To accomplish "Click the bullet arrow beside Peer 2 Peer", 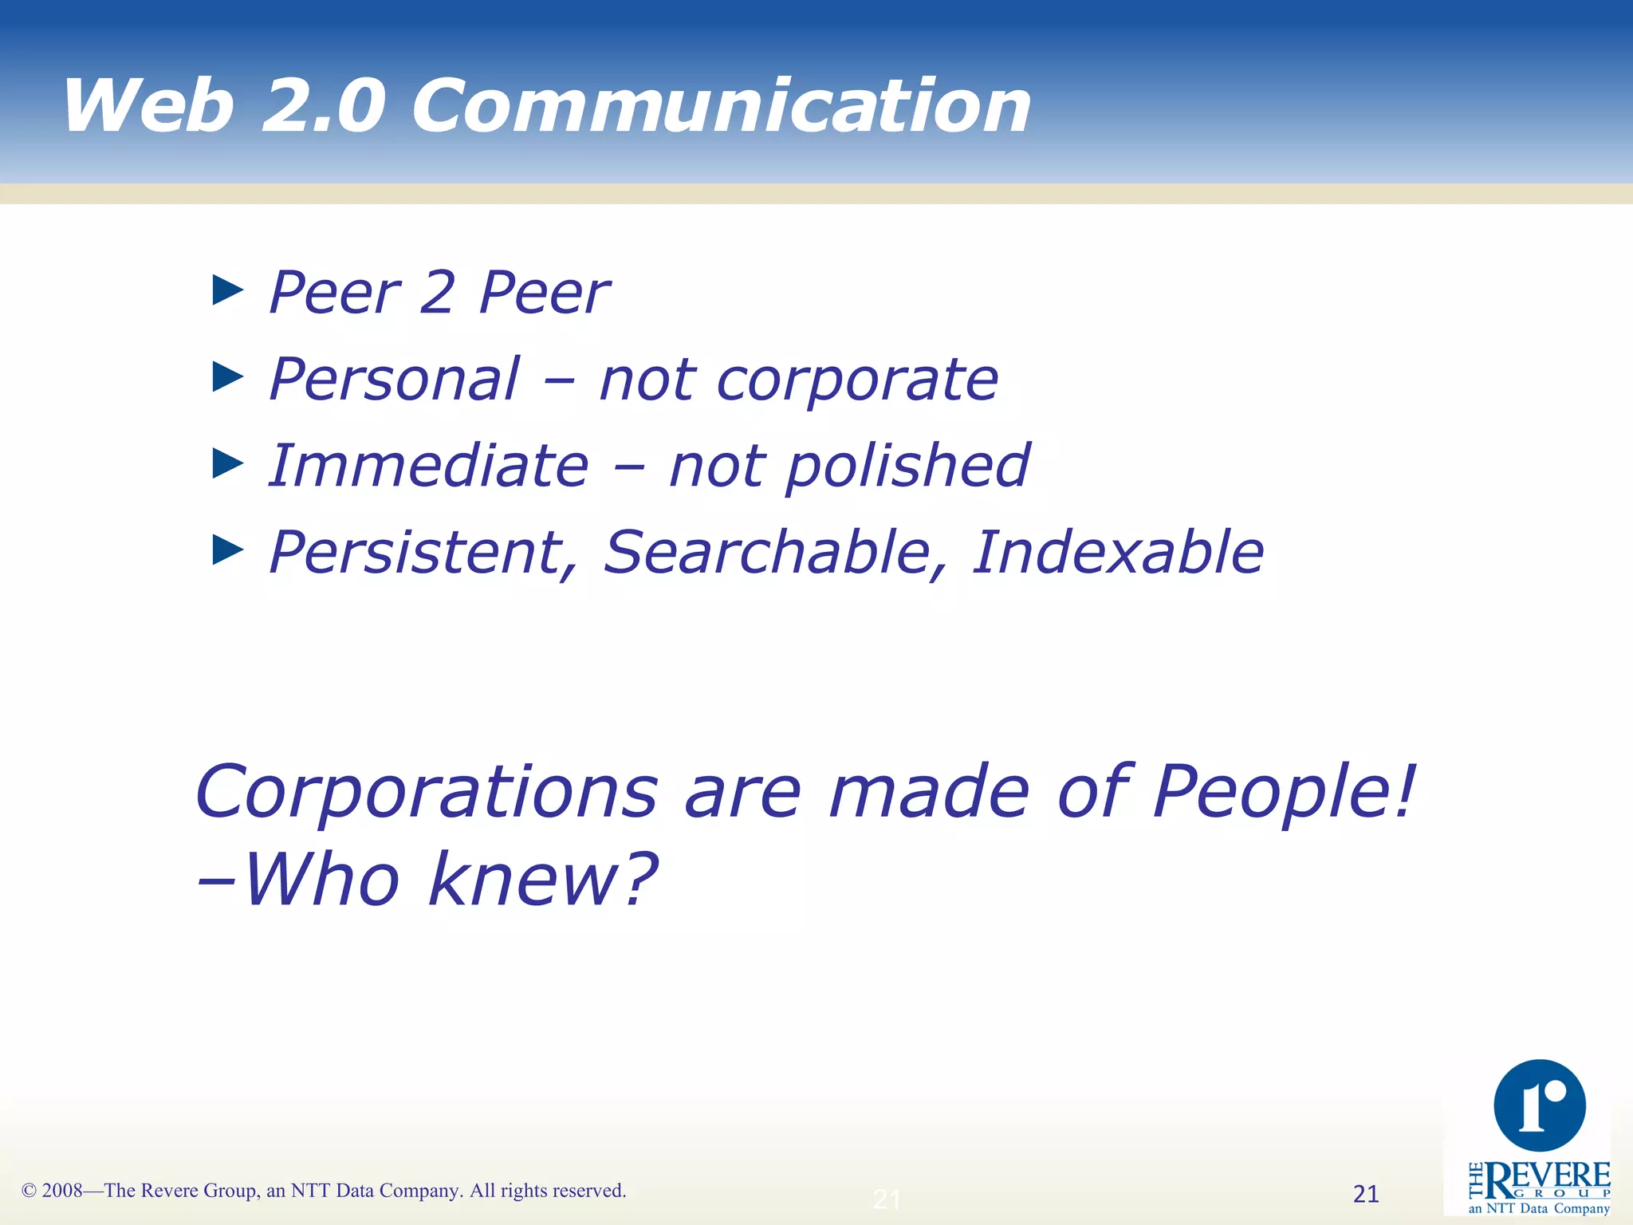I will (228, 290).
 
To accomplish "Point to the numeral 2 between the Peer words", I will (438, 292).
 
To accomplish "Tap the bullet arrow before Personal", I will (228, 376).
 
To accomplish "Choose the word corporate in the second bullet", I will (857, 380).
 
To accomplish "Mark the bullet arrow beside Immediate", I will (228, 463).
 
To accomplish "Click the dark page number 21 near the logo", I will (1366, 1194).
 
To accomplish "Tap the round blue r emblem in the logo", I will (1540, 1105).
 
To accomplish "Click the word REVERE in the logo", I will (1548, 1177).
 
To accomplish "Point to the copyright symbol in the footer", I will (29, 1192).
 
